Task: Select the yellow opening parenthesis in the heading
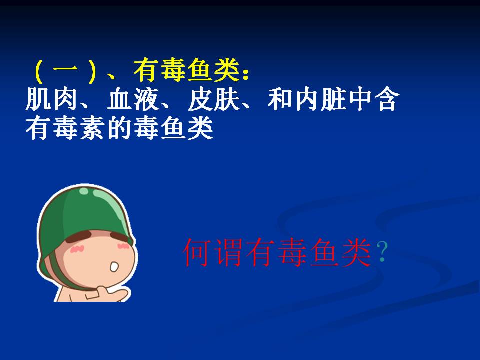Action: click(39, 71)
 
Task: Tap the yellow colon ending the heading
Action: click(245, 74)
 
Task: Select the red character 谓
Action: click(228, 253)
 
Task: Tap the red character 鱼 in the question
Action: click(324, 253)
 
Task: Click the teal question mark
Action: click(382, 251)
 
